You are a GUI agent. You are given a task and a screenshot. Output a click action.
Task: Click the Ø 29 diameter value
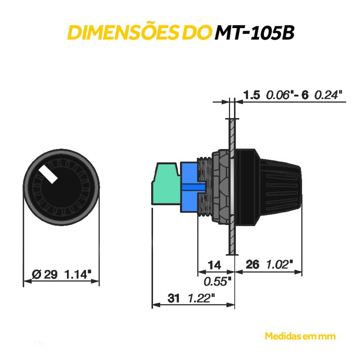(x=45, y=274)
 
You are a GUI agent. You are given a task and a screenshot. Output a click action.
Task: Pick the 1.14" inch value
(x=78, y=274)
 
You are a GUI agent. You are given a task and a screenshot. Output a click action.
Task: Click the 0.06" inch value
(x=280, y=95)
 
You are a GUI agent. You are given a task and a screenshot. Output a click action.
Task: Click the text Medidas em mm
(x=300, y=336)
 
